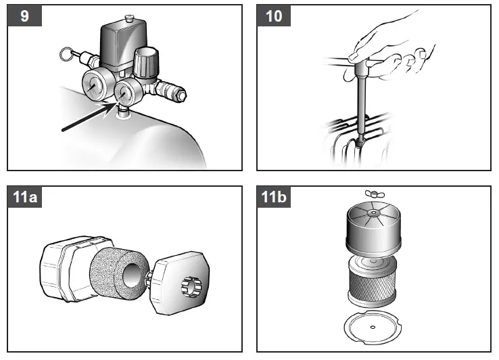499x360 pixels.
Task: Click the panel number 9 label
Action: (x=25, y=16)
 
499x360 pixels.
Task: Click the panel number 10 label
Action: (x=273, y=16)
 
